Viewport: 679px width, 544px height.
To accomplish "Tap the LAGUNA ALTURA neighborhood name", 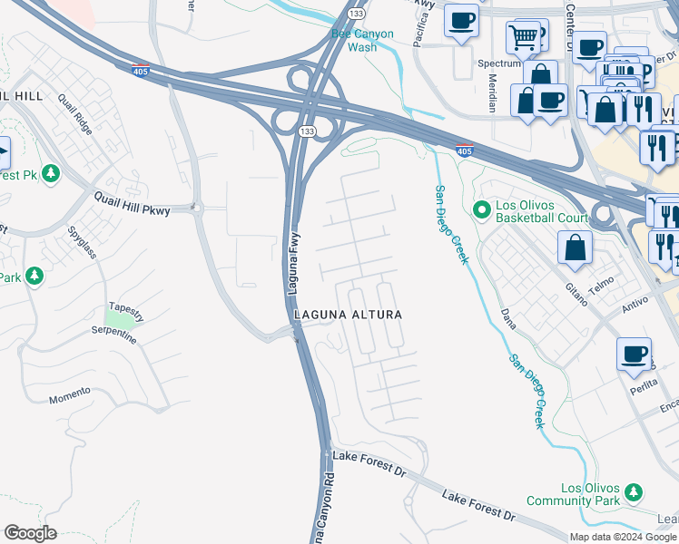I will coord(347,314).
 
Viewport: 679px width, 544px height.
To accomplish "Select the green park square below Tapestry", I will coord(118,319).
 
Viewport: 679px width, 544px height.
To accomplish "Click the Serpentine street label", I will coord(113,334).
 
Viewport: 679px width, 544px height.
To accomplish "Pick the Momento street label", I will coord(70,395).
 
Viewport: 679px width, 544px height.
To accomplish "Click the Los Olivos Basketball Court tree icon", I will coord(483,210).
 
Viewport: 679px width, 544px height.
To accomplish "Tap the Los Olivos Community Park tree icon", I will coord(633,493).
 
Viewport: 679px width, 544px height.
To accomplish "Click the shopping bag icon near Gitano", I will coord(575,248).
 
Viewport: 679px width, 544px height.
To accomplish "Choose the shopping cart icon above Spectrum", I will coord(523,38).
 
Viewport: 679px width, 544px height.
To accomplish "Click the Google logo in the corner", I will coord(30,533).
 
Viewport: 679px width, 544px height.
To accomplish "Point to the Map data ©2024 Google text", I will coord(624,537).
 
